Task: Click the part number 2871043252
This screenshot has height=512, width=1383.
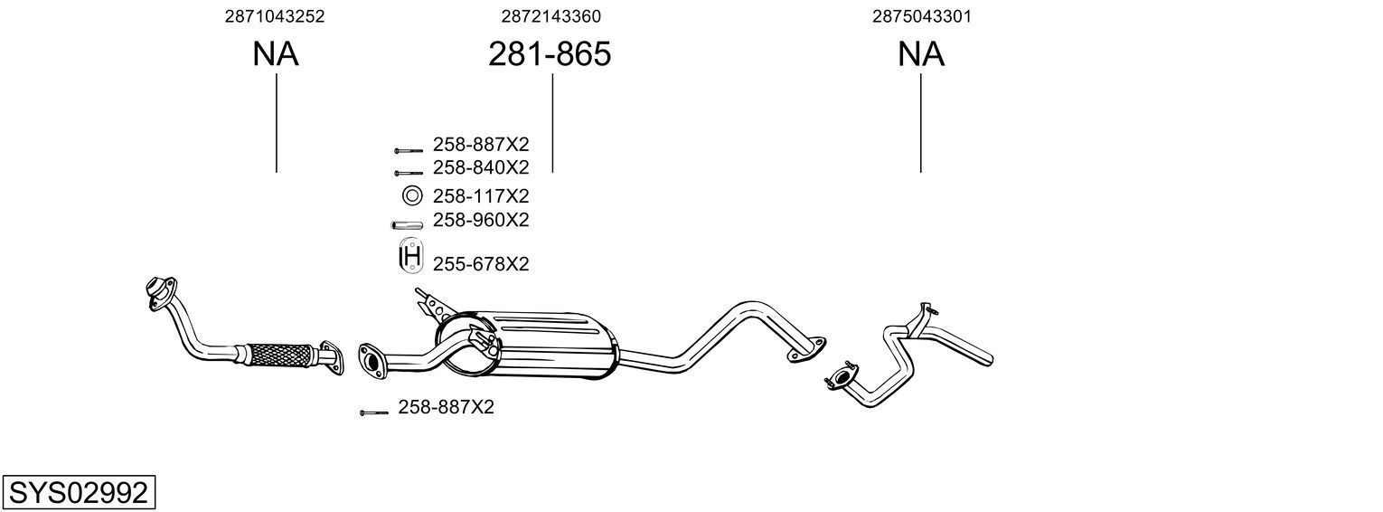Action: click(x=275, y=16)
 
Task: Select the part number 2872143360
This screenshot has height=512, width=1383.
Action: click(x=550, y=16)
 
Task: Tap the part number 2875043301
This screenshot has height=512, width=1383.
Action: click(x=921, y=16)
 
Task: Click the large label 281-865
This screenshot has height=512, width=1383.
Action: click(x=550, y=54)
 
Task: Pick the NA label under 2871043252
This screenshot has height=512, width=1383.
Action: click(x=275, y=54)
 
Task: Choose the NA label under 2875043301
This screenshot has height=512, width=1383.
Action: click(x=921, y=54)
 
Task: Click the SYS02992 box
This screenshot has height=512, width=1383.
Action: click(x=78, y=493)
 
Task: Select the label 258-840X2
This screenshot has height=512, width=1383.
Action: click(x=480, y=167)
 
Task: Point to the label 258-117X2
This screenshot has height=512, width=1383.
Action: click(x=480, y=195)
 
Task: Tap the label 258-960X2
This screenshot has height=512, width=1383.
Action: click(x=480, y=220)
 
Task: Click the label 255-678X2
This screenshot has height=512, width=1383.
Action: click(x=480, y=264)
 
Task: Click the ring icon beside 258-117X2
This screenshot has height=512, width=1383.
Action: click(x=411, y=195)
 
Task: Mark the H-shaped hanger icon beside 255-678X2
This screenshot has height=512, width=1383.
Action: click(x=410, y=258)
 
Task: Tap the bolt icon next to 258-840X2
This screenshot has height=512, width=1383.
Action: click(x=408, y=172)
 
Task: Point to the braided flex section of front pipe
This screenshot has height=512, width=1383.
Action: click(x=277, y=354)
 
